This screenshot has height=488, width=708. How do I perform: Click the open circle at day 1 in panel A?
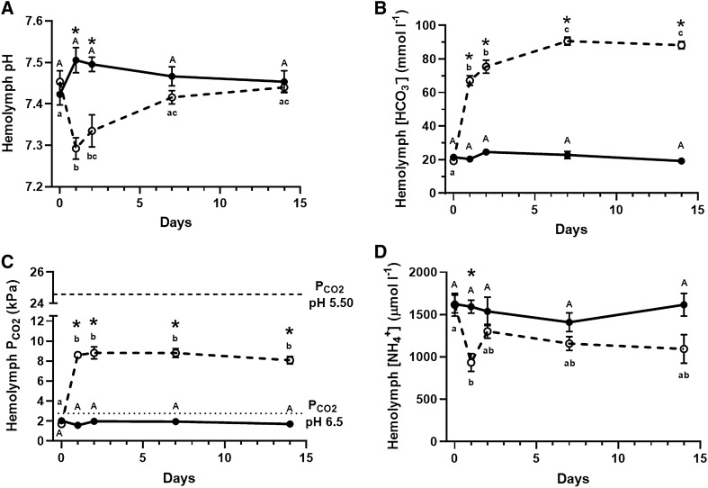(76, 149)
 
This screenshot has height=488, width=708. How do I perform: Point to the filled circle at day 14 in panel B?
(681, 161)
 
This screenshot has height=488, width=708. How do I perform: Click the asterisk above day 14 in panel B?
(681, 25)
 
